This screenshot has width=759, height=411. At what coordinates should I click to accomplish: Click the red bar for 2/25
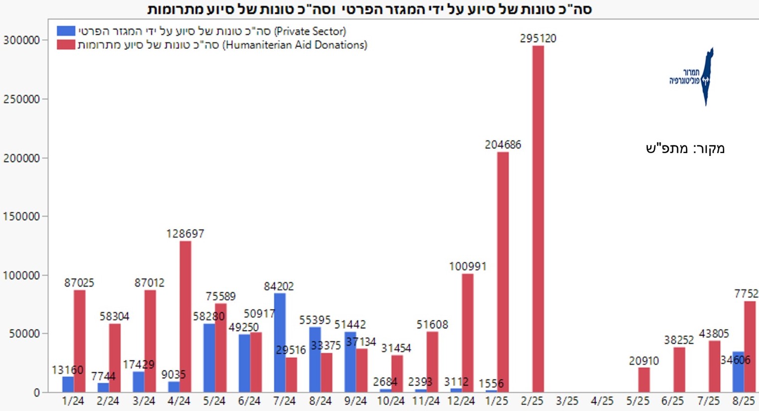click(538, 219)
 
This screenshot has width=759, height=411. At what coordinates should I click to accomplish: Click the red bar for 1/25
click(503, 272)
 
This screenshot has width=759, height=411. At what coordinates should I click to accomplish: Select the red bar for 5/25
click(644, 380)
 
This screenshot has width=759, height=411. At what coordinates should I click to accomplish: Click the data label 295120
click(538, 38)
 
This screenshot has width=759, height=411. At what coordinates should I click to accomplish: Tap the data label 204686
click(503, 144)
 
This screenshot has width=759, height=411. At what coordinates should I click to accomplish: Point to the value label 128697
click(185, 233)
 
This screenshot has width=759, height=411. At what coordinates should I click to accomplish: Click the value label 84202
click(279, 286)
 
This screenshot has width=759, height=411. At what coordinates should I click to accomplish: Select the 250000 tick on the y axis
click(21, 99)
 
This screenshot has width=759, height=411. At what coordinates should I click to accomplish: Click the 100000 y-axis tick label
click(21, 275)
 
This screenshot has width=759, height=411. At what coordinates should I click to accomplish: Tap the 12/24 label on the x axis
click(460, 401)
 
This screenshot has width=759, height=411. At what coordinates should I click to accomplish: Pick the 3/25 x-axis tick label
click(567, 401)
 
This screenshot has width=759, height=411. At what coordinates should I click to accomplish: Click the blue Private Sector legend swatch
click(66, 31)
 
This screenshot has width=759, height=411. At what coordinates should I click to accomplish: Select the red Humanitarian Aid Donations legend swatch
click(66, 45)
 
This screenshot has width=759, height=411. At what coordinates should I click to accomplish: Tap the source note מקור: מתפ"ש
click(685, 148)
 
